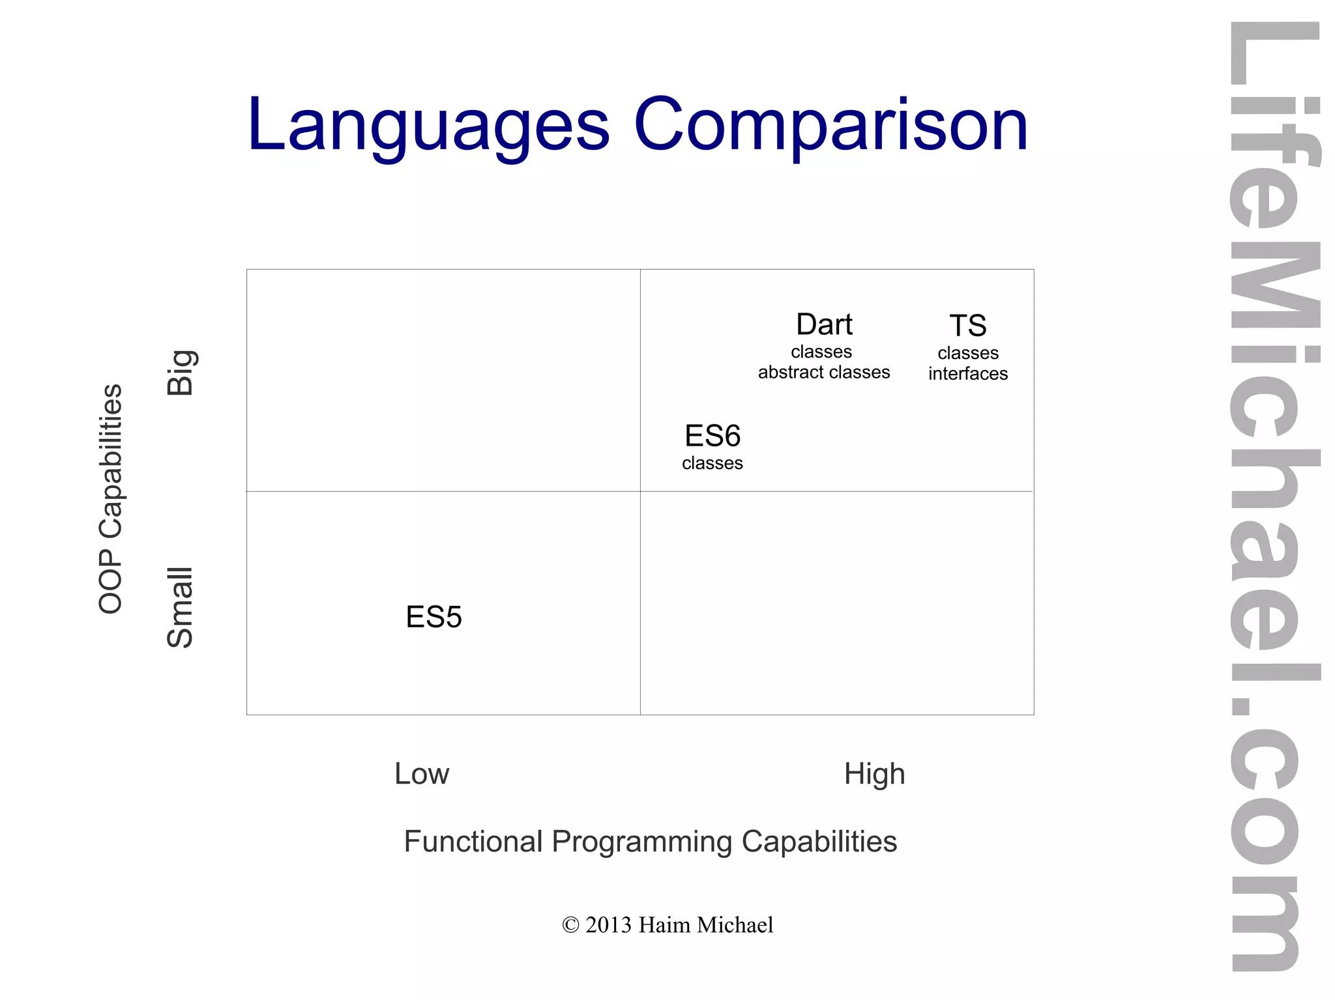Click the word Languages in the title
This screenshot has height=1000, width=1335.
click(428, 125)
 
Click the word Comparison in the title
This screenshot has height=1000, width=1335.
click(830, 125)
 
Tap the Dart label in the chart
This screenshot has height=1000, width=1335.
click(824, 324)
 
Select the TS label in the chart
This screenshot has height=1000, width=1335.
click(967, 326)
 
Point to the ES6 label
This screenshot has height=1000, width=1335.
click(712, 436)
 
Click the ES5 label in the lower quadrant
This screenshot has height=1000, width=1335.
click(433, 617)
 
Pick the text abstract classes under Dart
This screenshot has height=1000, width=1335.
click(823, 372)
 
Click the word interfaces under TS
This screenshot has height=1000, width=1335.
click(967, 373)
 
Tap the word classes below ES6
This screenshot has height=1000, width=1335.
click(712, 463)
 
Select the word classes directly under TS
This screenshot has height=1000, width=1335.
click(967, 353)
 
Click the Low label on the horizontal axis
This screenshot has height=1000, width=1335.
click(422, 774)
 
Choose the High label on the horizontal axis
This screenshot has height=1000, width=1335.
click(874, 774)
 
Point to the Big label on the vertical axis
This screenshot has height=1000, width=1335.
click(180, 373)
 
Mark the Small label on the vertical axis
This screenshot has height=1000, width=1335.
click(180, 607)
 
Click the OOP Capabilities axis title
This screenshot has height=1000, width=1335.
click(110, 498)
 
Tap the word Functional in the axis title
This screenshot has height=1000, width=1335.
click(473, 841)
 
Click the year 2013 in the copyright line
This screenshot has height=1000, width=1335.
click(608, 925)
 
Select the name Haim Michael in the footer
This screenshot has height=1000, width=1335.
click(705, 925)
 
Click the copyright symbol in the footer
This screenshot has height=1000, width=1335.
click(570, 925)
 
